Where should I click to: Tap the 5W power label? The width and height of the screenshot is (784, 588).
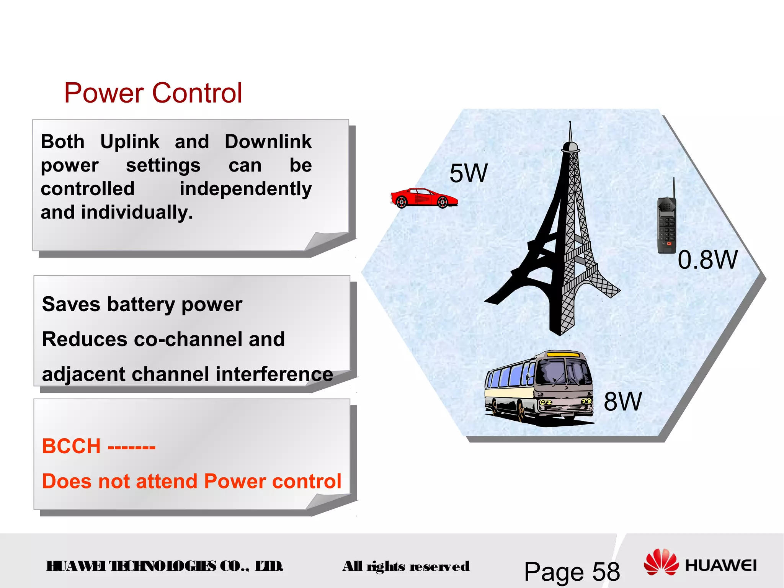point(468,173)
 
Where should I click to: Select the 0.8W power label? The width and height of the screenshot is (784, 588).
point(707,260)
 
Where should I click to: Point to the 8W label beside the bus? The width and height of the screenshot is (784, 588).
point(622,402)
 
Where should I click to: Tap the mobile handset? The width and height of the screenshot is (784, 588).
point(666,226)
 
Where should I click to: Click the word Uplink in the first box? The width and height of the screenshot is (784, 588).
point(129,142)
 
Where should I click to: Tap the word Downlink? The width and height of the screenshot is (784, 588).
point(268,142)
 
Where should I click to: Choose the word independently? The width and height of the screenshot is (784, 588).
point(246,189)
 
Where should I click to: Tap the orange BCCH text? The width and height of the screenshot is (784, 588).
point(71,446)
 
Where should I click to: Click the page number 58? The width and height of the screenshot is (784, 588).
point(606,572)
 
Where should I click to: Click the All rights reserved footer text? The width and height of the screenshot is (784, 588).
point(406,566)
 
